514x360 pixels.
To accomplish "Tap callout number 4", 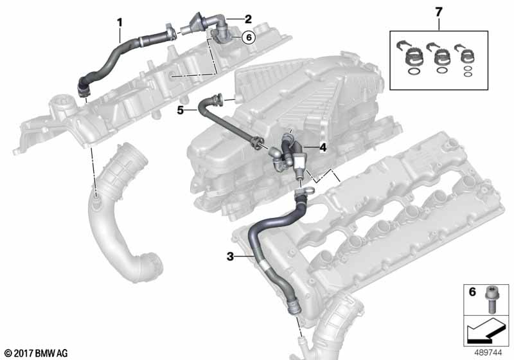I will [323, 147].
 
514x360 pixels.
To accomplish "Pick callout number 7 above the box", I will [439, 12].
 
